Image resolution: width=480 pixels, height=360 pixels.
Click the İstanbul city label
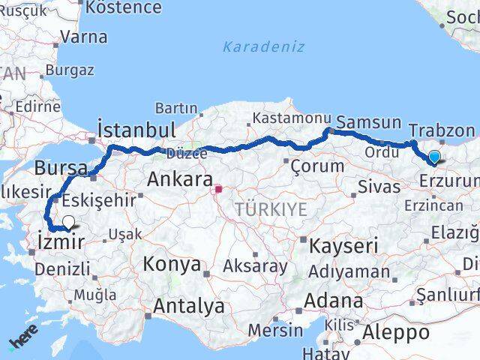137,129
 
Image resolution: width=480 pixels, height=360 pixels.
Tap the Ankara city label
179,180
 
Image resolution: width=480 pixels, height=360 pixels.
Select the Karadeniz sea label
263,46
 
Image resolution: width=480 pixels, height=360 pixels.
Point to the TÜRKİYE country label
271,209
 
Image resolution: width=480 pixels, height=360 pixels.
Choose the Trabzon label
442,130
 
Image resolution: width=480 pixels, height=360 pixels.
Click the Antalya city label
188,306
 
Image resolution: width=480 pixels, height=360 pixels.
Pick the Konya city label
172,264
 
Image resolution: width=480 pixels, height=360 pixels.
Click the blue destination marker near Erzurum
434,157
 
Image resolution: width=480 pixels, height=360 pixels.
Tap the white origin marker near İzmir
68,222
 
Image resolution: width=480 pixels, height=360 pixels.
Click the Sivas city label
379,187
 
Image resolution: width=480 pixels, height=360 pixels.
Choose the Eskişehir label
100,200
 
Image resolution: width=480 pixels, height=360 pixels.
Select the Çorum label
316,166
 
